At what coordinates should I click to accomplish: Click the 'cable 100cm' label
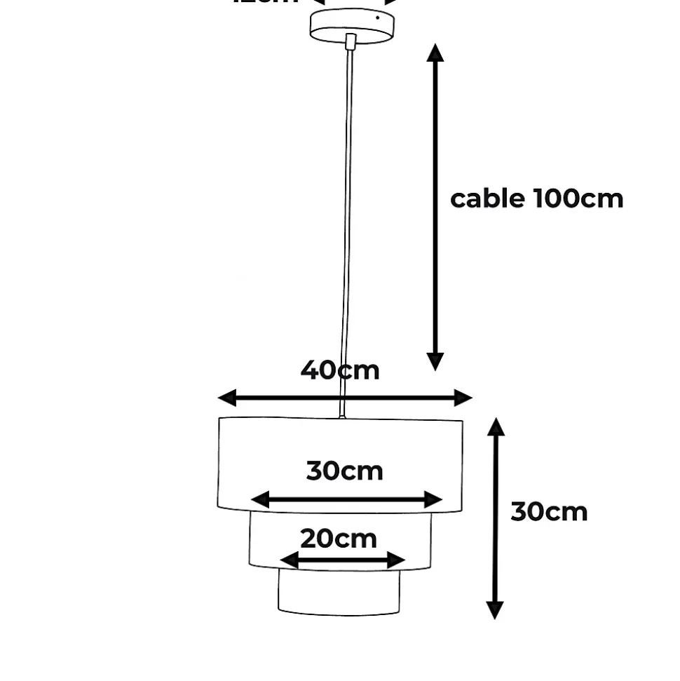click(536, 199)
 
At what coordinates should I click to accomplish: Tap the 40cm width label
click(340, 370)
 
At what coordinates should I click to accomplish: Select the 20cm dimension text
click(339, 539)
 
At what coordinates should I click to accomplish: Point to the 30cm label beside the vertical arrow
click(549, 512)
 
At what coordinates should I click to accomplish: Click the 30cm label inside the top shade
click(345, 471)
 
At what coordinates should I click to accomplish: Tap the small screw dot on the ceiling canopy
click(377, 19)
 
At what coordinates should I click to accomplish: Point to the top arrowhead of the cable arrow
click(435, 53)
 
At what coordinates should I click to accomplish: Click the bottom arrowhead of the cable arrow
click(435, 360)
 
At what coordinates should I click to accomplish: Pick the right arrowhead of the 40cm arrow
click(463, 398)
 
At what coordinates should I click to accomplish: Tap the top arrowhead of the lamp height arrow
click(496, 427)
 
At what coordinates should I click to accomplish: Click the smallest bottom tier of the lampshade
click(339, 593)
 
